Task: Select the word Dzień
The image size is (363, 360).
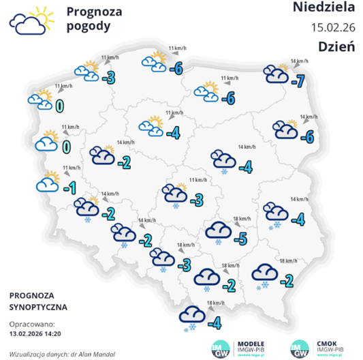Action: point(336,46)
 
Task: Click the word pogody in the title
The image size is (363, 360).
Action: point(89,26)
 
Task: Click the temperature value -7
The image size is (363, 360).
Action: point(298,81)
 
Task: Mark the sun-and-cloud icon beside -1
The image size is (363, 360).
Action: point(48,183)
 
